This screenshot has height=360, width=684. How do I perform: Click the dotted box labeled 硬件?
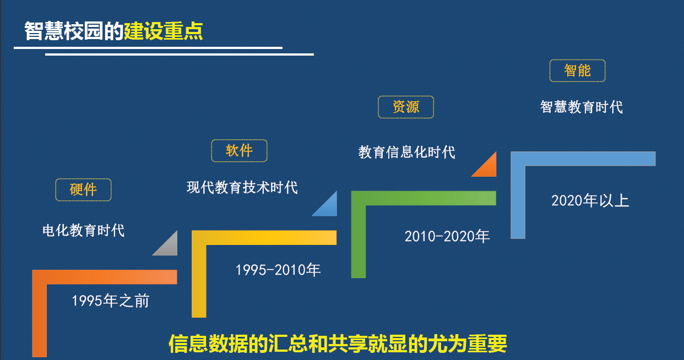pos(83,189)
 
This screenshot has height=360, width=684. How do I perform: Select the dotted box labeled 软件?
pos(239,151)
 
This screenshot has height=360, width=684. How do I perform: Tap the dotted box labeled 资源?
pos(406,107)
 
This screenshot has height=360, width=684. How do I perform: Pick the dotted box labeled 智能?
pos(577,70)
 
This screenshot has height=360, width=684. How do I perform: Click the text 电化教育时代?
pos(84,230)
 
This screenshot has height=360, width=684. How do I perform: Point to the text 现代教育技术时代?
pos(242,187)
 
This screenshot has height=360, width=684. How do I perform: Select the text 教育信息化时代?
pos(407,151)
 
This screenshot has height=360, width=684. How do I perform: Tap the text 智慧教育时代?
pos(582,106)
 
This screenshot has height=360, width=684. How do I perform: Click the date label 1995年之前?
pos(111,301)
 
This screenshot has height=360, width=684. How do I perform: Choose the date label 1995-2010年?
pos(278,270)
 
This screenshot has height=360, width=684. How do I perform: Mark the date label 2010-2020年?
pos(447,236)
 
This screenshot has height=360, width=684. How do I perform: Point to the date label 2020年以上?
pos(590,200)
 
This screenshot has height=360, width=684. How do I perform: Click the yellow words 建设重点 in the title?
pos(163,31)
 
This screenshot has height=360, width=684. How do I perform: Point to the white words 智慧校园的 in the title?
pos(74,31)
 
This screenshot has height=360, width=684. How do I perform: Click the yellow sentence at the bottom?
pos(338,343)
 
